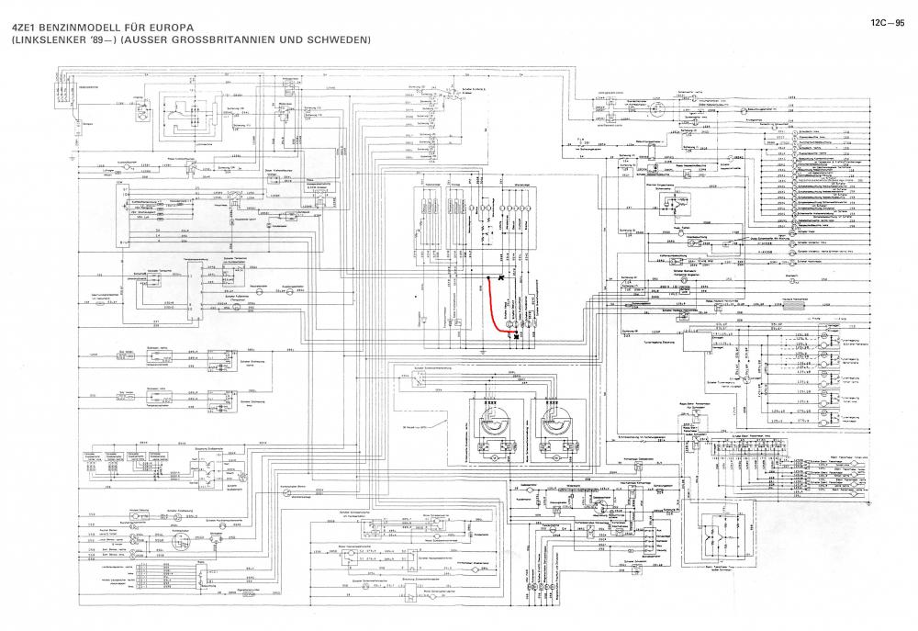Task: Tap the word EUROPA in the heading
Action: tap(190, 27)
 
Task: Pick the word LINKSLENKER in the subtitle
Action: tap(56, 40)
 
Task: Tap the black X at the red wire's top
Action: tap(501, 277)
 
